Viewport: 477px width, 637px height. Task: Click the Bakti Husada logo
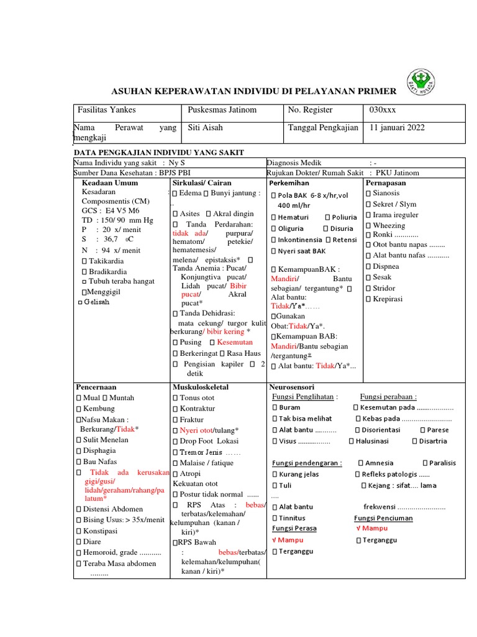[425, 80]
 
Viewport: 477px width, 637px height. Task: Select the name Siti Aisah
[205, 128]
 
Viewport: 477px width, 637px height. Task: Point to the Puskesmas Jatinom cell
[222, 110]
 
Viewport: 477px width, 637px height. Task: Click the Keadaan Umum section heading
[110, 183]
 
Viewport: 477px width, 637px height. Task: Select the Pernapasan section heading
[386, 183]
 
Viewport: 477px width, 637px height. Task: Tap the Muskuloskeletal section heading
[201, 387]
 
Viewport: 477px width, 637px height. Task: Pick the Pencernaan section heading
[96, 387]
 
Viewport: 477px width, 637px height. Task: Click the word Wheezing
[389, 225]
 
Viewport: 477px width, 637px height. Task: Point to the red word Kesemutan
[235, 342]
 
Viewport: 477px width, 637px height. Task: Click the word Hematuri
[293, 217]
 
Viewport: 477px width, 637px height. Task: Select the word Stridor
[385, 288]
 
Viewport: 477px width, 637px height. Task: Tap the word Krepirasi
[388, 299]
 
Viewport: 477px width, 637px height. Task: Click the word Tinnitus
[292, 518]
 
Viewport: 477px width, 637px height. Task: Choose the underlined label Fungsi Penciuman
[383, 518]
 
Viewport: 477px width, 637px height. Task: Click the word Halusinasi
[372, 441]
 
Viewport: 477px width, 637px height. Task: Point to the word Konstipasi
[101, 531]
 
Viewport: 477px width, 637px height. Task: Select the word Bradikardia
[107, 271]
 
